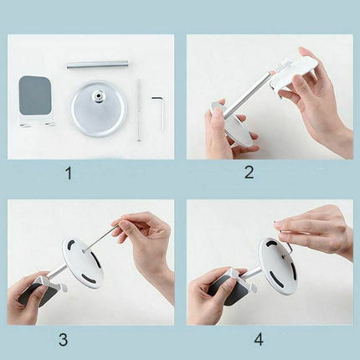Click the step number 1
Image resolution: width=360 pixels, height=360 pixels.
pos(69,173)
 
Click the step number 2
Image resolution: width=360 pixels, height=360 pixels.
pos(249,172)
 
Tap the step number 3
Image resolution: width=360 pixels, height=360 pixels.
pos(64,340)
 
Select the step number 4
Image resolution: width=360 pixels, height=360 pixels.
pos(259,340)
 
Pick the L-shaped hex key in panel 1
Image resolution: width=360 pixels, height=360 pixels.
pos(160,112)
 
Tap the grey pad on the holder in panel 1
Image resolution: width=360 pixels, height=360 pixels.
pos(34,95)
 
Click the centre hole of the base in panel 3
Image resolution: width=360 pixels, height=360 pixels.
pos(84,251)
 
